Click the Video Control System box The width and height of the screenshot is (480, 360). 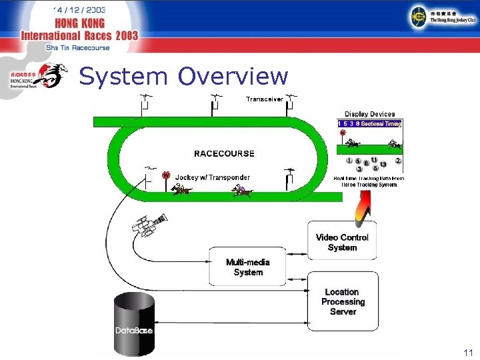[x=342, y=242]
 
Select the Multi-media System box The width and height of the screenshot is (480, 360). [x=248, y=267]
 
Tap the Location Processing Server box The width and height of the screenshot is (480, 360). [x=342, y=301]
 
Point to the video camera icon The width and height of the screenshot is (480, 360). [x=149, y=225]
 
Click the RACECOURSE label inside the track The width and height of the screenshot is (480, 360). [x=224, y=153]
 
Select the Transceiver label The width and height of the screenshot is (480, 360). [x=265, y=99]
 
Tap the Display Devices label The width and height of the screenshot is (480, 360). [x=369, y=114]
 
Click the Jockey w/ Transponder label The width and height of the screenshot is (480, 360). [x=213, y=177]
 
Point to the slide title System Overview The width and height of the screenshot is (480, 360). [x=183, y=77]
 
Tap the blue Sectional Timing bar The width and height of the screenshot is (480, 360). [x=370, y=123]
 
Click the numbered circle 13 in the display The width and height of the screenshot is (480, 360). [x=383, y=165]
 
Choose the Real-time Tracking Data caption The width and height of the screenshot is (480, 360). [x=369, y=181]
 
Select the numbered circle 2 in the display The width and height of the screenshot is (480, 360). [x=398, y=161]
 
